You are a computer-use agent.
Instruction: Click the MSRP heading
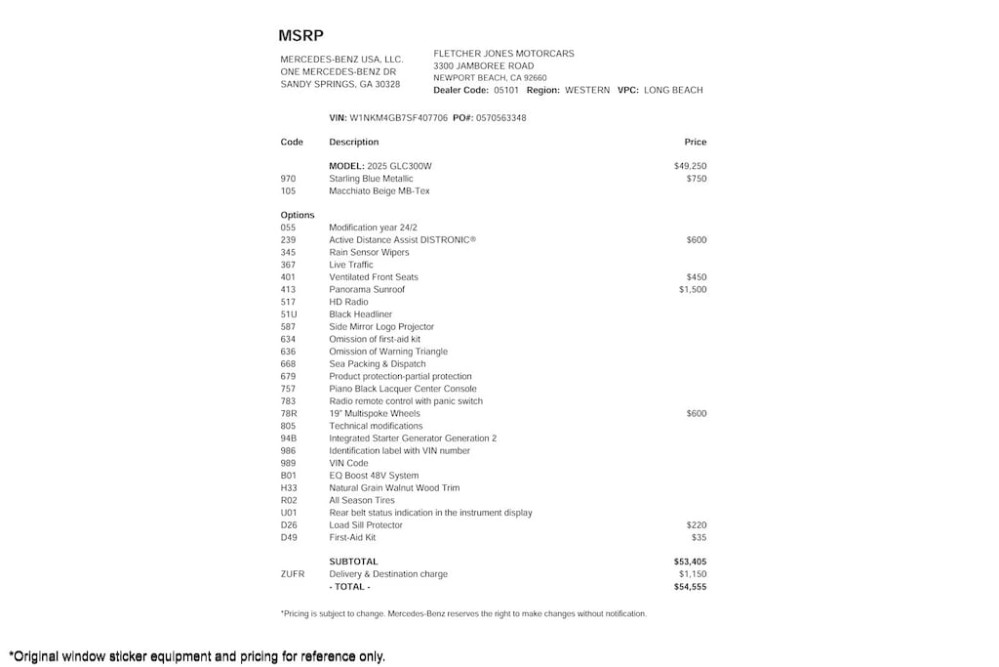300,36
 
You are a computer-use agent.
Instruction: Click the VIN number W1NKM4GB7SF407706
398,118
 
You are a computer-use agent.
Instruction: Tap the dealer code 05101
505,90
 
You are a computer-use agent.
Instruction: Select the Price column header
695,143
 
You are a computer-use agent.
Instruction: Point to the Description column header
353,143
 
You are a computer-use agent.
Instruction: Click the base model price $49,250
690,166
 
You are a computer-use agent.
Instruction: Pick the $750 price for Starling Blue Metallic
696,179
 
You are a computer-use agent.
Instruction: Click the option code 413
288,290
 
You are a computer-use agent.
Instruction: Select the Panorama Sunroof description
366,290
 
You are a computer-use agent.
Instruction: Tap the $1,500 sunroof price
693,290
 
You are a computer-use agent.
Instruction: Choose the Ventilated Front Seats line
373,277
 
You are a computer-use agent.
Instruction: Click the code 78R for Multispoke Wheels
289,414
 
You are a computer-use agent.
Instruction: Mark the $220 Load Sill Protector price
696,525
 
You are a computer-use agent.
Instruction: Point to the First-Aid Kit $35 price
699,538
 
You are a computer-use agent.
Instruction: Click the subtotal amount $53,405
690,563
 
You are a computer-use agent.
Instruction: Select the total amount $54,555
690,587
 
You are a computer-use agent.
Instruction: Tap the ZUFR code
292,574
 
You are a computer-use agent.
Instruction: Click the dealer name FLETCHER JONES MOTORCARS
503,54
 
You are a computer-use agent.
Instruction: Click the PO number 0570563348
500,118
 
